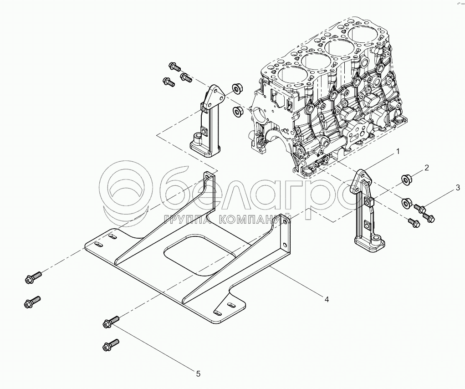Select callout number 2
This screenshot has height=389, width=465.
[427, 168]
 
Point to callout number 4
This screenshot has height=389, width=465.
[327, 299]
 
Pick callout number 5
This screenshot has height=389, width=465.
[198, 374]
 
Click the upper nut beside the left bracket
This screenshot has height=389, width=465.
[235, 87]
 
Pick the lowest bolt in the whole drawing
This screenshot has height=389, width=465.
[111, 344]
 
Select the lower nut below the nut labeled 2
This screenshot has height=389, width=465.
[407, 202]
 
